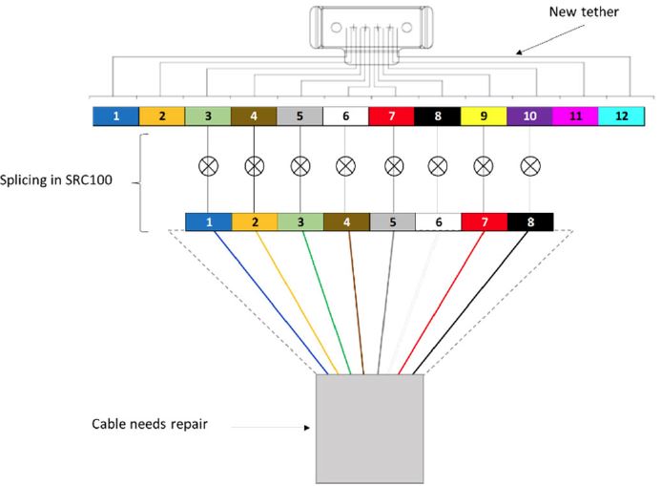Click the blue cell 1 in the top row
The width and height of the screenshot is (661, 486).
coord(115,116)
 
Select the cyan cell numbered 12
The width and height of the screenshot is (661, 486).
coord(622,116)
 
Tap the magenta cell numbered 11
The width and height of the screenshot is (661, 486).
coord(575,116)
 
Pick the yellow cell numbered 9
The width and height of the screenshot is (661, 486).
coord(484,116)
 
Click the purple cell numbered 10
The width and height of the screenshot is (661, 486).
coord(529,116)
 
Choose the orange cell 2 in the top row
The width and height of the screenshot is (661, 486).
coord(162,116)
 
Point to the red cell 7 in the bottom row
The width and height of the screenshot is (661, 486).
coord(484,222)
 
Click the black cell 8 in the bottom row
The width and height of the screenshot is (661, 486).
coord(529,222)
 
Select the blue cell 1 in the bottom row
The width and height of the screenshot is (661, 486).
coord(208,222)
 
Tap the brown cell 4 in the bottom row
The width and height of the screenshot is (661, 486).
coord(346,222)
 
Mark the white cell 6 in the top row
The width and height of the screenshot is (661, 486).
coord(345,116)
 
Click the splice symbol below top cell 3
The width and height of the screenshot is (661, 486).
coord(208,166)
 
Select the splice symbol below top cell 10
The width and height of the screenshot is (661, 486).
coord(529,166)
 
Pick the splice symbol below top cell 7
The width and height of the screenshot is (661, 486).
coord(392,166)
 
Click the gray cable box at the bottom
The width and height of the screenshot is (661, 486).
coord(369,429)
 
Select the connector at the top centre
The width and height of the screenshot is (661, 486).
coord(369,28)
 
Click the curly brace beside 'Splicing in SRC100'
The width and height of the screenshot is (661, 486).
coord(142,181)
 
